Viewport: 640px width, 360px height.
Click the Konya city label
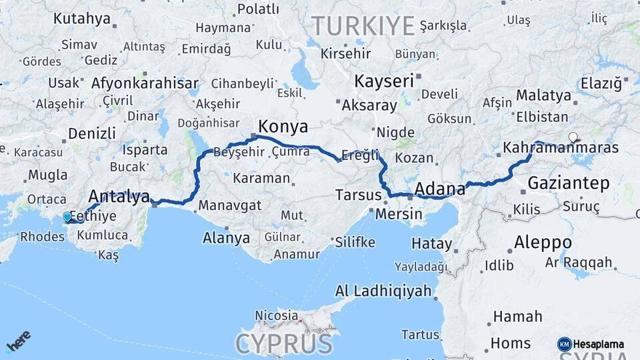283,127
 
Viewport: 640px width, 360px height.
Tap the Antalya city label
119,197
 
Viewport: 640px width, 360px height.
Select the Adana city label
439,189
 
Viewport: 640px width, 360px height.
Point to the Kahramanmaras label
561,147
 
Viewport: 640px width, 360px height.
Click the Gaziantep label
569,183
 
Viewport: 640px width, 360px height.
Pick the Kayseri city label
385,82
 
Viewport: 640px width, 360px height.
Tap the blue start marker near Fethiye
67,217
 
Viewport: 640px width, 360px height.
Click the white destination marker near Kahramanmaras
573,137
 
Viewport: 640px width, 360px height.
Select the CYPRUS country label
283,344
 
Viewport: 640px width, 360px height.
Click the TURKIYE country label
363,26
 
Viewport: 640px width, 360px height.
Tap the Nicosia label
277,315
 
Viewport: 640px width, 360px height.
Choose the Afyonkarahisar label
144,83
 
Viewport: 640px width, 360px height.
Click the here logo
18,341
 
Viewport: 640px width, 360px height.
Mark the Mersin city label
399,214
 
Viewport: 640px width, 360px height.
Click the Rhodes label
42,236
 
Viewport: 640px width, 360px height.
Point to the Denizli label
92,133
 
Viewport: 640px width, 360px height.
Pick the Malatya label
543,95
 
